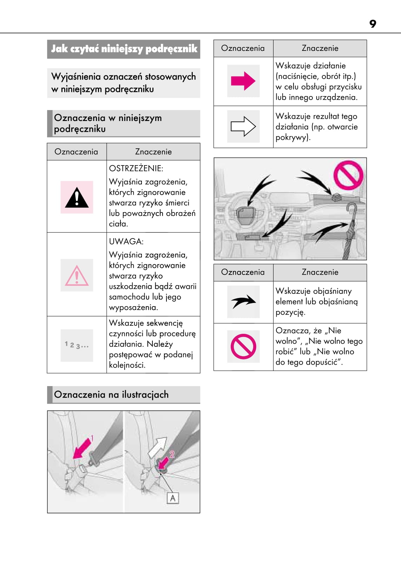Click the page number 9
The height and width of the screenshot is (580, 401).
373,24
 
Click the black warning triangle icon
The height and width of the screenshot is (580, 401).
77,198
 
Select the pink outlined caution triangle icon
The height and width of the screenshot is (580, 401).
77,276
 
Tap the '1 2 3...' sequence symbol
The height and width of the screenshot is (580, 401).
77,345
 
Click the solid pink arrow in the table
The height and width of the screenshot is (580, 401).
243,81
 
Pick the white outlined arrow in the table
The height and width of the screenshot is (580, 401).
243,126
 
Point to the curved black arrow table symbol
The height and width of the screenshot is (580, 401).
243,301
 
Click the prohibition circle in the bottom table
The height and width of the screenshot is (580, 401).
243,346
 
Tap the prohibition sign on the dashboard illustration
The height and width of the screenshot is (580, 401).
348,175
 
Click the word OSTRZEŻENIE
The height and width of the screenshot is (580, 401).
136,169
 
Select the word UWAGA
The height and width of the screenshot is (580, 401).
126,242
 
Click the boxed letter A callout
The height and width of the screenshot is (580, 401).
173,498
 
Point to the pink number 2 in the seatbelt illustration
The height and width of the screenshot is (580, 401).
172,454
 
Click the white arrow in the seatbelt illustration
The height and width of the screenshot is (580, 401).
157,448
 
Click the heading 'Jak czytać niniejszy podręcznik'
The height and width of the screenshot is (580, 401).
124,49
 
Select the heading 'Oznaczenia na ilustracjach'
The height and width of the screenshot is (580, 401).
111,395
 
